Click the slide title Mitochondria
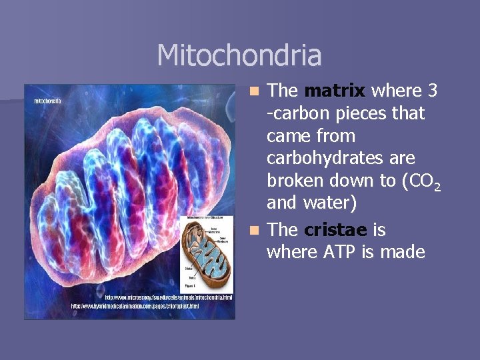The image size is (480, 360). coord(239,55)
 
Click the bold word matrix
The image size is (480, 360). coord(335,91)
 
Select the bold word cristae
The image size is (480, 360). coord(335,230)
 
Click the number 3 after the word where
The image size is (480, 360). coord(433,91)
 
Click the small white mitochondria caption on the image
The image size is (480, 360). coord(47,101)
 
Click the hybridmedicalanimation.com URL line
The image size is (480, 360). coord(135,306)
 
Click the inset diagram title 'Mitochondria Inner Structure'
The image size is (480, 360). coord(209,218)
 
